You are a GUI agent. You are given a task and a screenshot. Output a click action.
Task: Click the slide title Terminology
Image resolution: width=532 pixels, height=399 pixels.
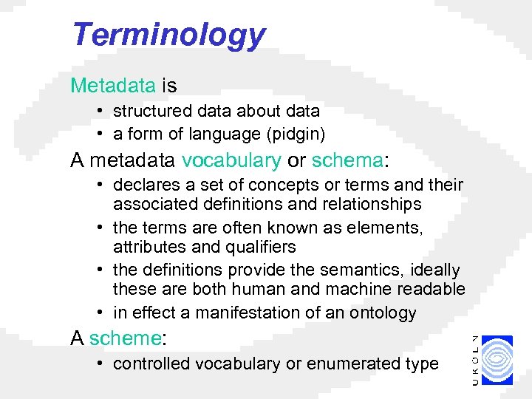168,35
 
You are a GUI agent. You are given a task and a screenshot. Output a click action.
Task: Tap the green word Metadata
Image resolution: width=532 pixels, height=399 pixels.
112,86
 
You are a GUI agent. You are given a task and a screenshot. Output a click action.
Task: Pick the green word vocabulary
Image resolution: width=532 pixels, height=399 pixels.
231,160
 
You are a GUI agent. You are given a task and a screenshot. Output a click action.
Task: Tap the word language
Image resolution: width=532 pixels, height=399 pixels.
219,134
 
